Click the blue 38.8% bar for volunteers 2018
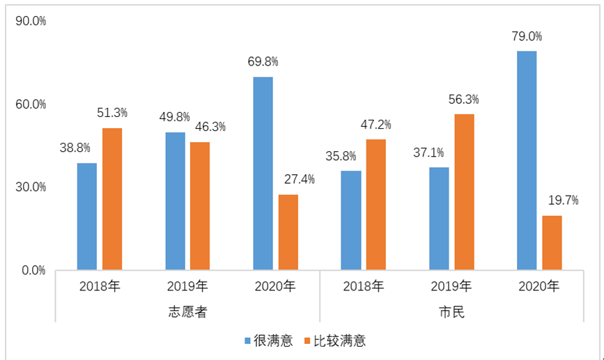(x=87, y=216)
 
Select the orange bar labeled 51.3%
(x=112, y=198)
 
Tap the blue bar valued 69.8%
(x=263, y=173)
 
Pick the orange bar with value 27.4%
(x=288, y=232)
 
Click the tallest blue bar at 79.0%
(x=527, y=160)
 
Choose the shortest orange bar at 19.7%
(x=552, y=242)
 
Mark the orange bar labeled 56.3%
(x=464, y=191)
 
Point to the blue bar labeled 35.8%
(x=351, y=220)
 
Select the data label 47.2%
(x=375, y=125)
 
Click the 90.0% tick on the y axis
(x=30, y=22)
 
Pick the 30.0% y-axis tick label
(x=30, y=187)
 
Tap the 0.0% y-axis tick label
(x=33, y=269)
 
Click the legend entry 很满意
(x=268, y=341)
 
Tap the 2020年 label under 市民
(x=539, y=285)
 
